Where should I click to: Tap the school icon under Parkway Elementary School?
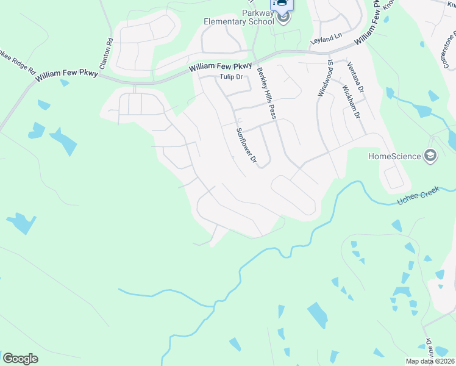click(283, 18)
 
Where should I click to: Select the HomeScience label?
click(394, 156)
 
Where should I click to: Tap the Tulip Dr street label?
click(231, 77)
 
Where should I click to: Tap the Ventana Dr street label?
click(355, 77)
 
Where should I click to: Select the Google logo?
click(20, 359)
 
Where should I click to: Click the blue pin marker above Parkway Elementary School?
click(282, 4)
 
